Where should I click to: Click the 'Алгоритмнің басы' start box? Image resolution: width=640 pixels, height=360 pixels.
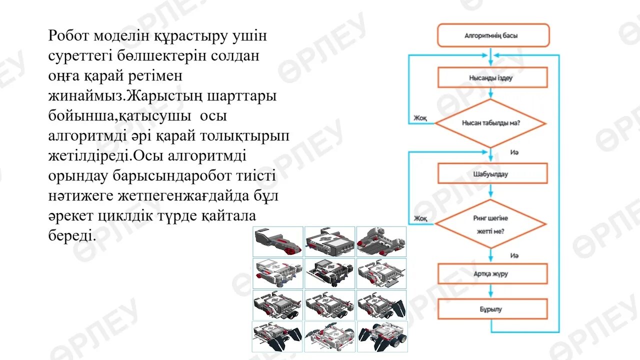click(493, 35)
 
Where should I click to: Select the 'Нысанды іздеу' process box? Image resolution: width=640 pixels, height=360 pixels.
click(492, 77)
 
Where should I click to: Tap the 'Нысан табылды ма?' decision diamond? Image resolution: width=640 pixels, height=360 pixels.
click(490, 123)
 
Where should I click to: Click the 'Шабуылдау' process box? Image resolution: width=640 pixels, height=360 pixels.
click(492, 173)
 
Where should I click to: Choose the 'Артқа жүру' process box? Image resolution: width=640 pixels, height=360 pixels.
click(492, 273)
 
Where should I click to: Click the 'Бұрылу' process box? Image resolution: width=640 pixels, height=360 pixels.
click(492, 309)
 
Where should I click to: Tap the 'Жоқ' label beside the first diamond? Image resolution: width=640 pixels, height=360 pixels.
click(419, 118)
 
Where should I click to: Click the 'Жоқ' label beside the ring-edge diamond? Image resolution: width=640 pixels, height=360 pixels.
click(419, 218)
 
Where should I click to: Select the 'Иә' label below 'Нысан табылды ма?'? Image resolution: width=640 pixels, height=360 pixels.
click(514, 151)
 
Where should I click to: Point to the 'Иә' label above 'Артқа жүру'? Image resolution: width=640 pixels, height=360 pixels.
click(514, 255)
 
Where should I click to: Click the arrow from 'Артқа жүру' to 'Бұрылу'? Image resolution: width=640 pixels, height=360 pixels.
click(491, 291)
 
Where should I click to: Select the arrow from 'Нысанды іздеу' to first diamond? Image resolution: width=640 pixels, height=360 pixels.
click(491, 93)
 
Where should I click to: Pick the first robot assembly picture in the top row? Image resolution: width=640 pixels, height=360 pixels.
click(277, 241)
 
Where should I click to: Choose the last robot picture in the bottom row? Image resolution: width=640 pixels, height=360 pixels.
click(382, 336)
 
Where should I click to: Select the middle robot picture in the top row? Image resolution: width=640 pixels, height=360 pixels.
click(330, 241)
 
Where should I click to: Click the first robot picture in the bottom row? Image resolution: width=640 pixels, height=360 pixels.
click(277, 336)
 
